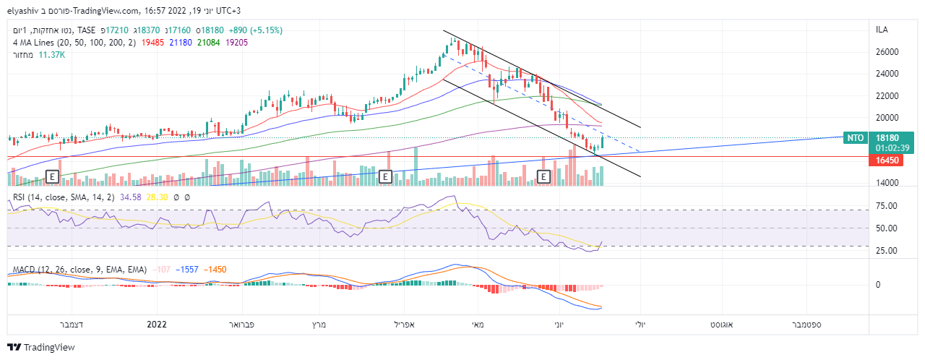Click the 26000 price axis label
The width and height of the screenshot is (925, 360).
tap(887, 52)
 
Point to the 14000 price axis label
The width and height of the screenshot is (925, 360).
tap(887, 183)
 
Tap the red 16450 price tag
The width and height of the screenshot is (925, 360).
tap(887, 160)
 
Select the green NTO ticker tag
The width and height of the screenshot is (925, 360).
tap(855, 137)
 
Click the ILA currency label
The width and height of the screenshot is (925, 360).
tap(882, 30)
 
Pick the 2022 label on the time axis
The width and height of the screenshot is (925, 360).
tap(157, 325)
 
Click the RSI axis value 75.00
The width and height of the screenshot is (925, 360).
tap(887, 206)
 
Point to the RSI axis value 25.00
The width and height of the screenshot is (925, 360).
tap(887, 251)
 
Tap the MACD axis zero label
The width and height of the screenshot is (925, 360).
tap(877, 285)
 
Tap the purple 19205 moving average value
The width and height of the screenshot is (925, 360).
tap(237, 43)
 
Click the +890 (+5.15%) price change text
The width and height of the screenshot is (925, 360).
tap(255, 30)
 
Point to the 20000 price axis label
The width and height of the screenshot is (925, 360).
tap(887, 118)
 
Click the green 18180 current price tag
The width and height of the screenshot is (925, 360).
tap(887, 137)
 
